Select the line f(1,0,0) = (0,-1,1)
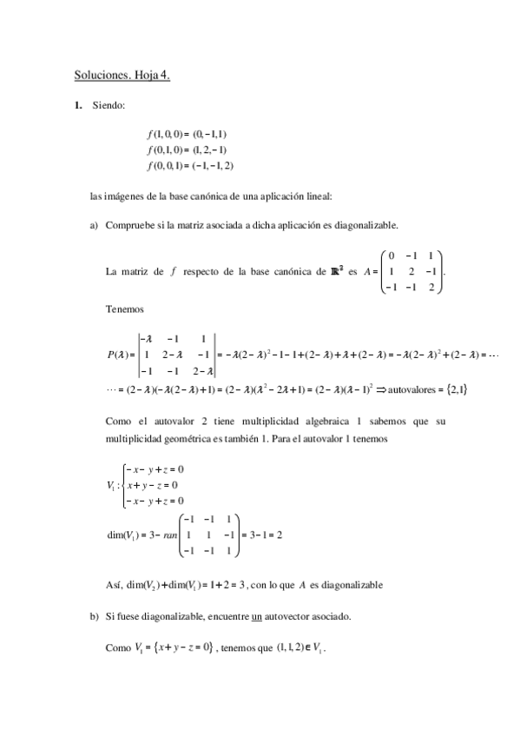tap(188, 135)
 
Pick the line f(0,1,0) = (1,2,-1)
tap(188, 149)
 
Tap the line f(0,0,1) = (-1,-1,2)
tap(191, 165)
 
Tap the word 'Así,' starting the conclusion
tap(114, 583)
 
